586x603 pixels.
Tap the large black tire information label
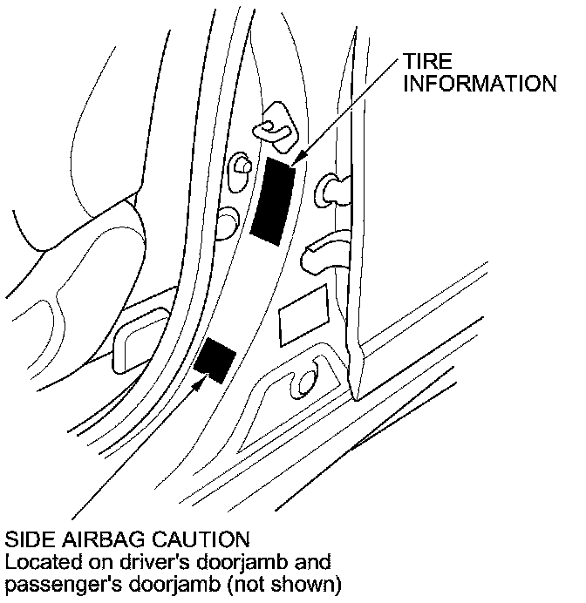click(273, 200)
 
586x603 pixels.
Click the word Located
click(37, 560)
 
